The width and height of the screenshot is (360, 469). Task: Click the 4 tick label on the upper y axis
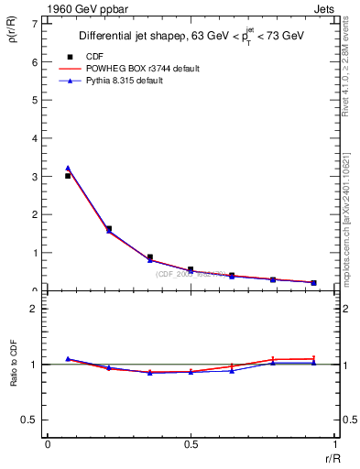click(x=36, y=138)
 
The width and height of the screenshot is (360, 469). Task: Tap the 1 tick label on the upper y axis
click(x=36, y=253)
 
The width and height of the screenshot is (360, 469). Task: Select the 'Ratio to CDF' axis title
click(x=14, y=378)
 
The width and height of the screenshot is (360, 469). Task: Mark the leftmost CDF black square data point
click(x=68, y=176)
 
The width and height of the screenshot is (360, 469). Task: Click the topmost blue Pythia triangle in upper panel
click(x=68, y=169)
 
